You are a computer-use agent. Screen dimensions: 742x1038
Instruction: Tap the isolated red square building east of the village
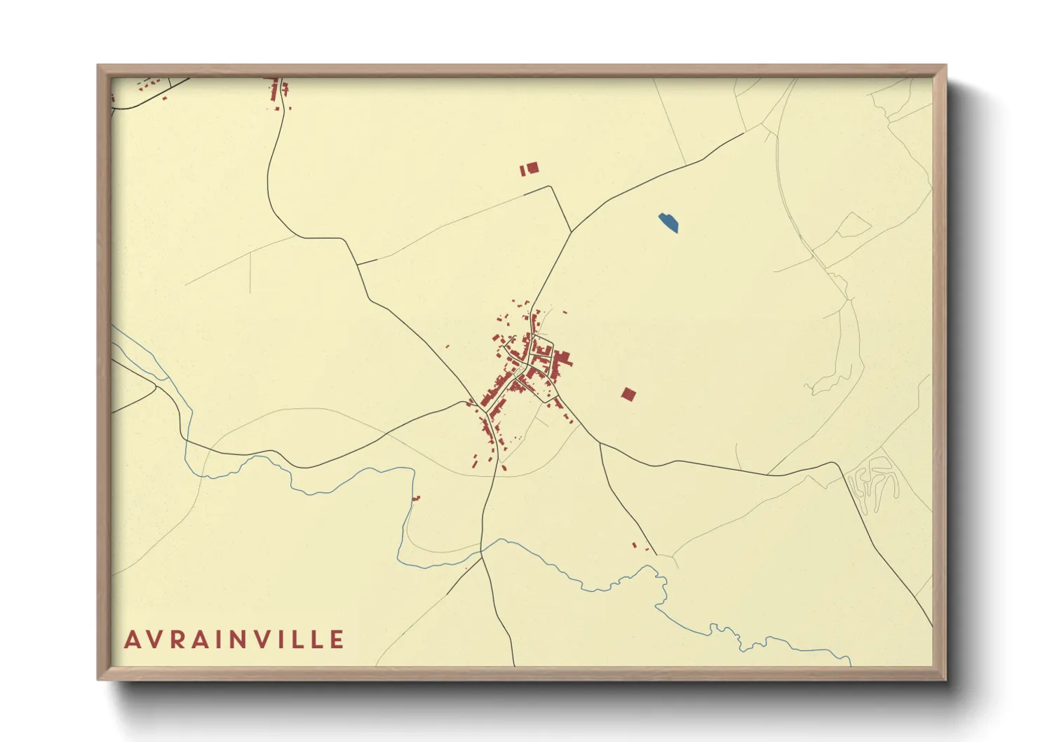[628, 395]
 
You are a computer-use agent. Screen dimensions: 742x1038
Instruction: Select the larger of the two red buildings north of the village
[532, 168]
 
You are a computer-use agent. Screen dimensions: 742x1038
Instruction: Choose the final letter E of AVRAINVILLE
[337, 640]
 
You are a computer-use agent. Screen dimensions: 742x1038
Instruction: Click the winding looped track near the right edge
[873, 480]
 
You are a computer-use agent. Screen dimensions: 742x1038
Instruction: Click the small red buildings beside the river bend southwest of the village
[416, 499]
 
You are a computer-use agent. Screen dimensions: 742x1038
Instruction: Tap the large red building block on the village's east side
[561, 363]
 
